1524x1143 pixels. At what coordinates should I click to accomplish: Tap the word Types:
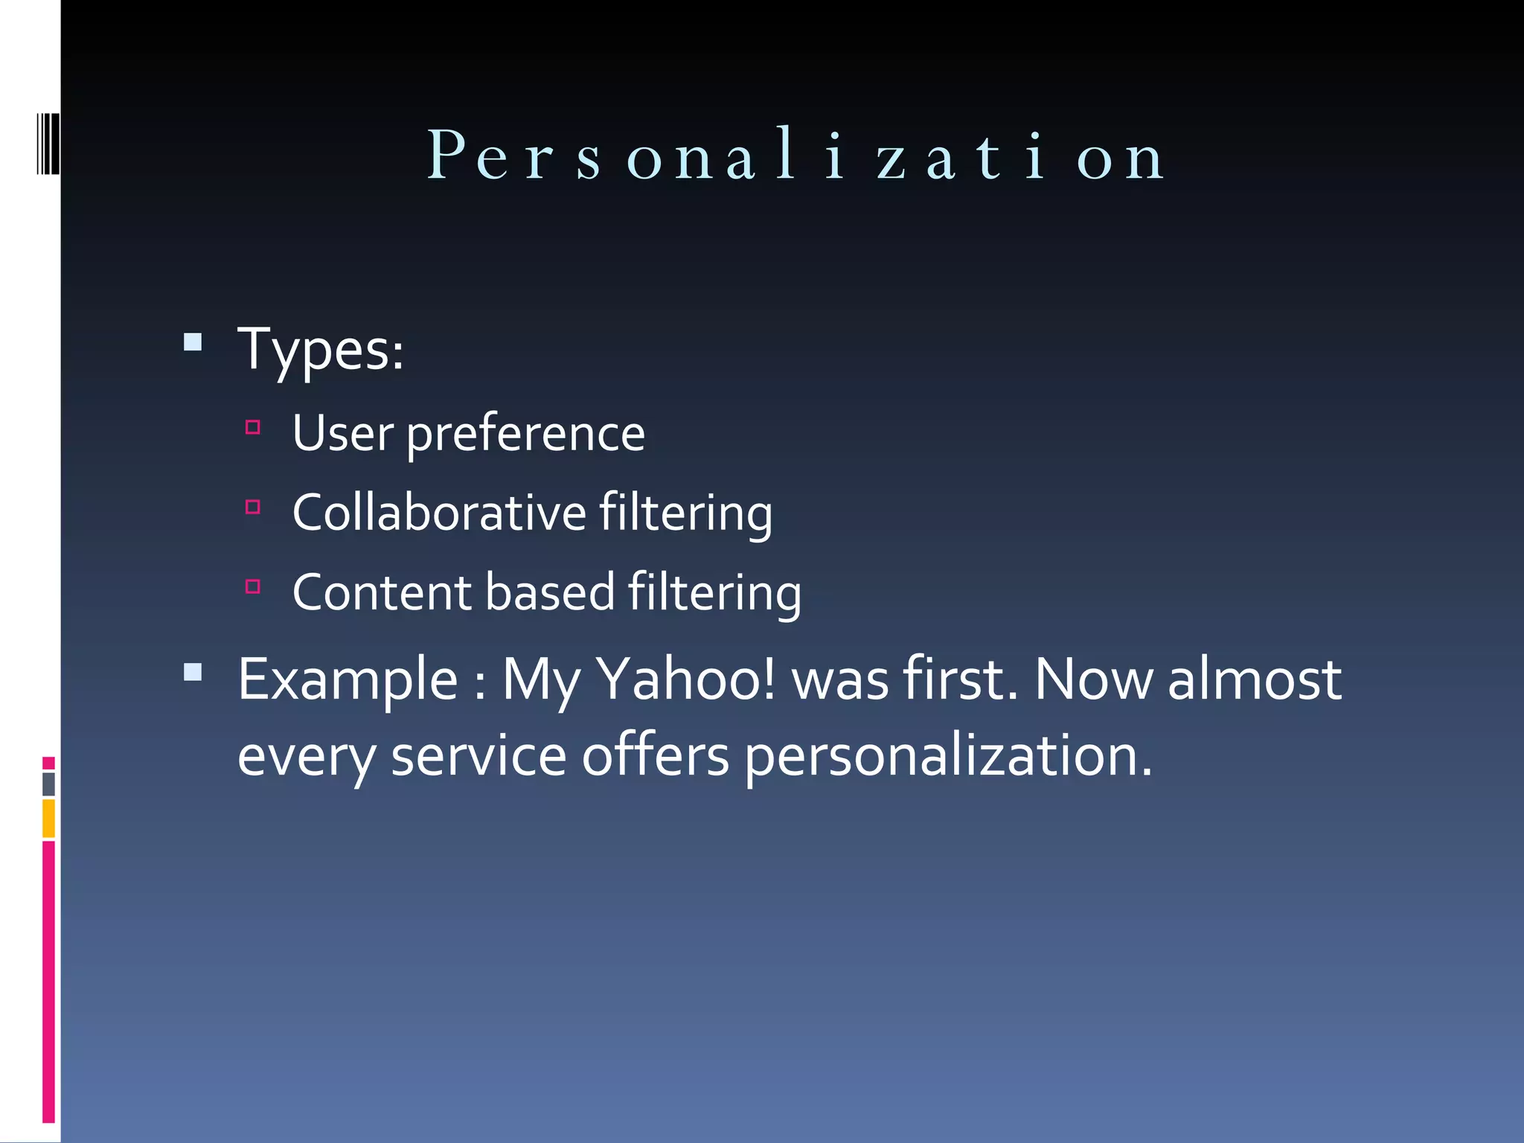click(x=321, y=349)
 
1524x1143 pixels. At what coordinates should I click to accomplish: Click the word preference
click(x=525, y=435)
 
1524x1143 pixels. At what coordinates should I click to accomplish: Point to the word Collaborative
click(x=439, y=513)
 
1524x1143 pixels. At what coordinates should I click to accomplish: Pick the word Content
click(x=382, y=592)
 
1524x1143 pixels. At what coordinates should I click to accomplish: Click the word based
click(x=550, y=592)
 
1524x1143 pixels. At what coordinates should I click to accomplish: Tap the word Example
click(x=348, y=680)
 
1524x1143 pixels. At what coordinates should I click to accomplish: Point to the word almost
click(x=1255, y=679)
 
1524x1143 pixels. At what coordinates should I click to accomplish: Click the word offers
click(x=655, y=756)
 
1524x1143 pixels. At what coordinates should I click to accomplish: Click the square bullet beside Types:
click(x=193, y=342)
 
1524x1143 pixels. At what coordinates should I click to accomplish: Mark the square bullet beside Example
click(x=193, y=673)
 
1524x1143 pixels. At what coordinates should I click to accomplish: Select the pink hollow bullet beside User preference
click(x=253, y=427)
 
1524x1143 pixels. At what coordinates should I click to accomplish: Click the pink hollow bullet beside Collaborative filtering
click(x=253, y=508)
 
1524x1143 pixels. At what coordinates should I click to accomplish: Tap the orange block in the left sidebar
click(x=49, y=818)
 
